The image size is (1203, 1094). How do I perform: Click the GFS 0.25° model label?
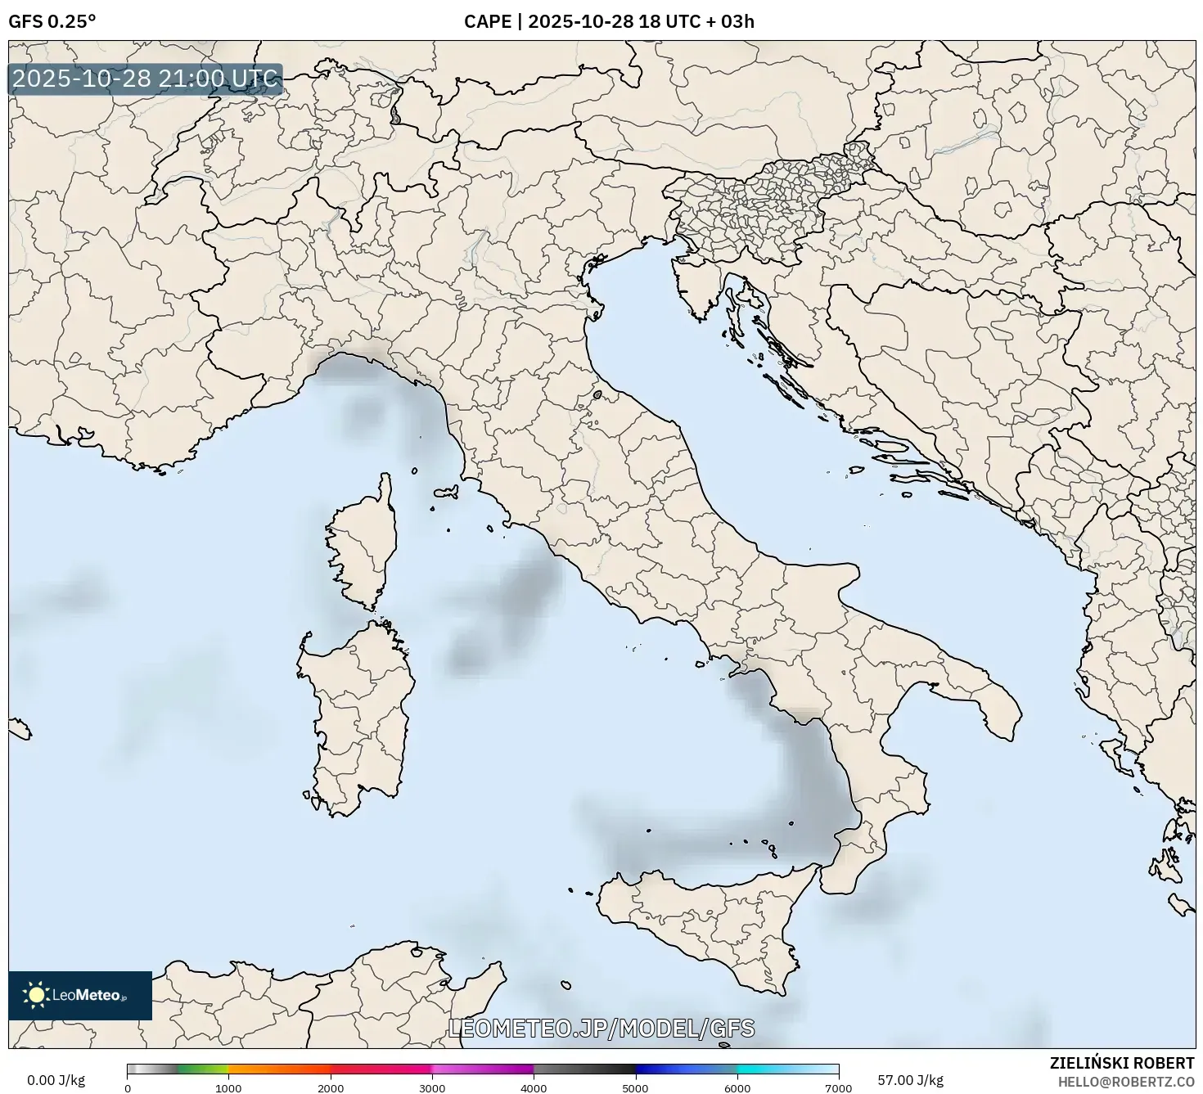point(52,21)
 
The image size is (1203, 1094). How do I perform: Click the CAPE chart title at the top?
point(609,21)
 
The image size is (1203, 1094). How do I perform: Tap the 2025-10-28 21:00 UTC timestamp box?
point(146,79)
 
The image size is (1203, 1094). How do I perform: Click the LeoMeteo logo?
point(80,995)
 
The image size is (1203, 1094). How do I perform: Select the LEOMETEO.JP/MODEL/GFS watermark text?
point(601,1029)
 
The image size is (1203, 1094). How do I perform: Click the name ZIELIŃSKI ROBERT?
point(1121,1063)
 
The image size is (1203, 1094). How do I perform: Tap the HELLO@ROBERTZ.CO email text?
point(1125,1081)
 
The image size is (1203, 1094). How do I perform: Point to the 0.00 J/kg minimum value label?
point(56,1080)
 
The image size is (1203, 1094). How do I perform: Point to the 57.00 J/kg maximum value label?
point(910,1080)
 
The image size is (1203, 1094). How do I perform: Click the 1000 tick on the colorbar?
point(228,1087)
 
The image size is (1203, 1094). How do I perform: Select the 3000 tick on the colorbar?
point(432,1087)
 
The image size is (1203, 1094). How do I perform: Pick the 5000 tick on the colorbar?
point(636,1087)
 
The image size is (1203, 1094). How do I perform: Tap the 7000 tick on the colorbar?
point(839,1087)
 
